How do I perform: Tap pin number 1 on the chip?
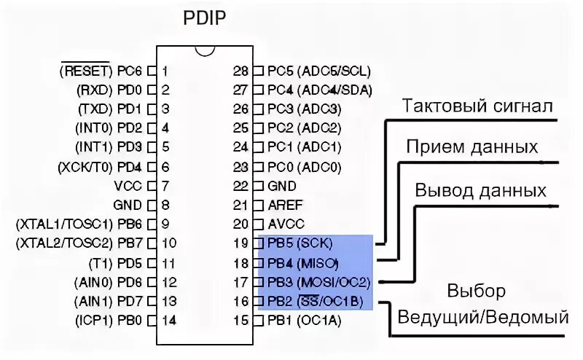click(x=166, y=71)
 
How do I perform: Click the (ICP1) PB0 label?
click(x=108, y=319)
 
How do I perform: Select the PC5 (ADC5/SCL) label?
click(x=319, y=71)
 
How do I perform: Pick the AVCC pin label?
click(x=286, y=224)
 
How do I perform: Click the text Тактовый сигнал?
click(x=477, y=106)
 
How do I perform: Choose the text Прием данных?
click(x=472, y=147)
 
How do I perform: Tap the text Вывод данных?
click(x=480, y=191)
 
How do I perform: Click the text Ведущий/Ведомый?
click(x=482, y=318)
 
